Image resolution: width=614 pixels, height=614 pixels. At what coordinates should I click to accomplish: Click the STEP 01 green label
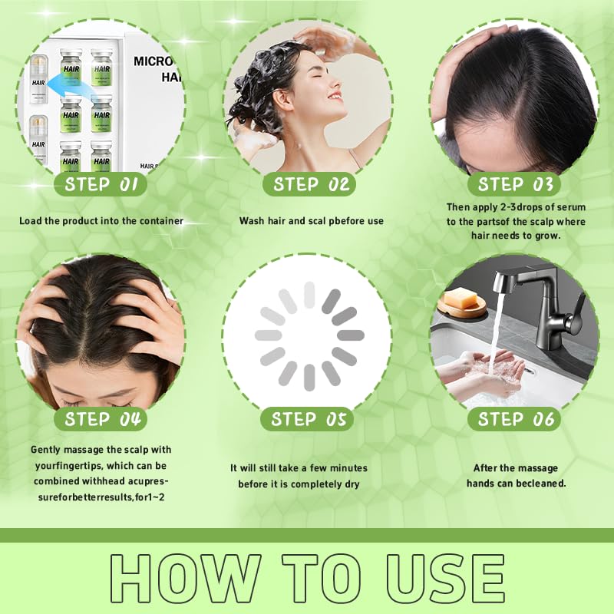click(101, 184)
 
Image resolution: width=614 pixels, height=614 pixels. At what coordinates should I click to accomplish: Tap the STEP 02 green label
click(311, 184)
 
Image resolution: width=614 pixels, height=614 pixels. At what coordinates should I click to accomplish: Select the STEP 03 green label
click(515, 184)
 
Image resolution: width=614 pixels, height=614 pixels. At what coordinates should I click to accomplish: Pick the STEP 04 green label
click(101, 419)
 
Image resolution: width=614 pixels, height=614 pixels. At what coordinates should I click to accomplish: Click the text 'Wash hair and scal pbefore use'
click(311, 221)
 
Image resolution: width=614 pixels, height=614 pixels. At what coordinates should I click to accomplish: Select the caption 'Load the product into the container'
click(101, 221)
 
